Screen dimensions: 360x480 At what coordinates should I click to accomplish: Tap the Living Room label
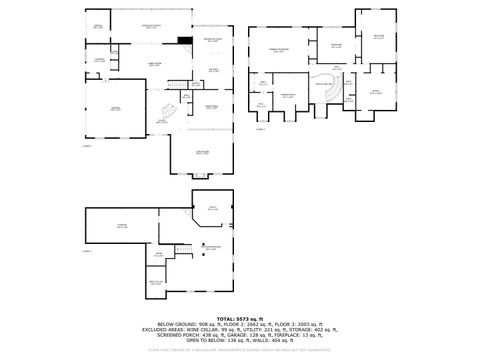coord(202,153)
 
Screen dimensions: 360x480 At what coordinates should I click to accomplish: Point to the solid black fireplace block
coord(184,41)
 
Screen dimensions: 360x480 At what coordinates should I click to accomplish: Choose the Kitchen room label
coord(214,70)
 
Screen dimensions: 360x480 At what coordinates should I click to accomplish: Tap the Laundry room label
coord(99,60)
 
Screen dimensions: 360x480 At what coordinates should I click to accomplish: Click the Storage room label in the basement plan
coord(122,227)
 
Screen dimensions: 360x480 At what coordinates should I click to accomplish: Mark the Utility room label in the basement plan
coord(211,209)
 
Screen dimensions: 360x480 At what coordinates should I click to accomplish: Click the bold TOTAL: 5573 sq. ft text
coord(240,318)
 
